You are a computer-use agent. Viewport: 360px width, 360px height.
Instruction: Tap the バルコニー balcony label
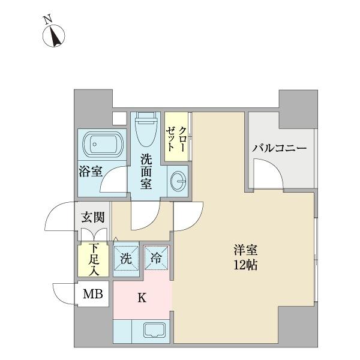pos(279,148)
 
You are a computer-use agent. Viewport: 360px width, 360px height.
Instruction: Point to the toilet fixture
pos(146,130)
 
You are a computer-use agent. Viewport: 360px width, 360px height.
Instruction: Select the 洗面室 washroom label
pos(146,171)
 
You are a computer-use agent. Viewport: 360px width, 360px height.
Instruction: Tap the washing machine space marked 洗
pos(127,259)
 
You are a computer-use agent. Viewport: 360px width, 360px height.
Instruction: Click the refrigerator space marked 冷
pos(155,259)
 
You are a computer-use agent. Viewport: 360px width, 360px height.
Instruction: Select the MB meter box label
pos(92,295)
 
